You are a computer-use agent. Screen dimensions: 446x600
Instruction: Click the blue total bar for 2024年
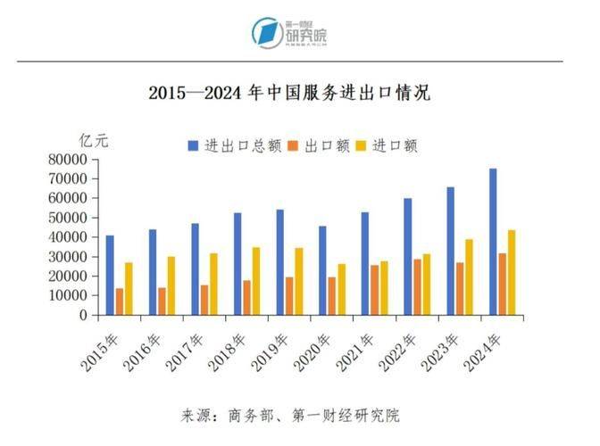point(492,242)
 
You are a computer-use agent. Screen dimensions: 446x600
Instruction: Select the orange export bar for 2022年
point(417,287)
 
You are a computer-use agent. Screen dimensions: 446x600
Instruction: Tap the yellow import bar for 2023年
point(469,277)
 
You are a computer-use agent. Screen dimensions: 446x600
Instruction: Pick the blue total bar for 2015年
point(110,275)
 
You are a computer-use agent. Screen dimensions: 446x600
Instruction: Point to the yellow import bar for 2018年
point(256,281)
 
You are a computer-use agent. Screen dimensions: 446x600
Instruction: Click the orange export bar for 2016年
point(162,301)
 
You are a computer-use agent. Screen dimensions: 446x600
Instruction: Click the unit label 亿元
point(93,140)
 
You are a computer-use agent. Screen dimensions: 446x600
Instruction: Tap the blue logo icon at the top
point(265,33)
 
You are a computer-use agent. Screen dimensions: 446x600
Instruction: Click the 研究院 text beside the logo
point(305,37)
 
